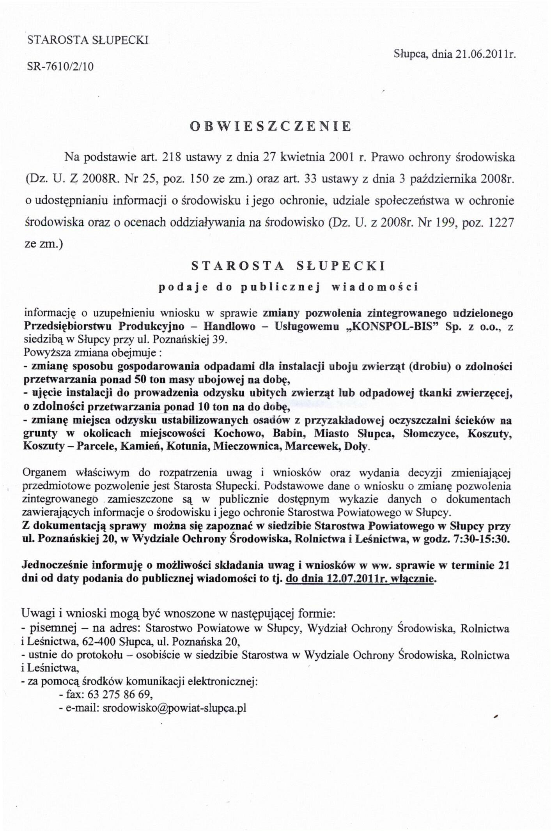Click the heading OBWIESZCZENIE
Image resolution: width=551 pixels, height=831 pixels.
click(270, 126)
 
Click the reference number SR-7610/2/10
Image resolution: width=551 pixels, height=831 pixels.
click(60, 67)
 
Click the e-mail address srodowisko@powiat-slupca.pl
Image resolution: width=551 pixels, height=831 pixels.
click(174, 708)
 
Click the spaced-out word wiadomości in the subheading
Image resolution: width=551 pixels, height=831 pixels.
click(374, 287)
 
